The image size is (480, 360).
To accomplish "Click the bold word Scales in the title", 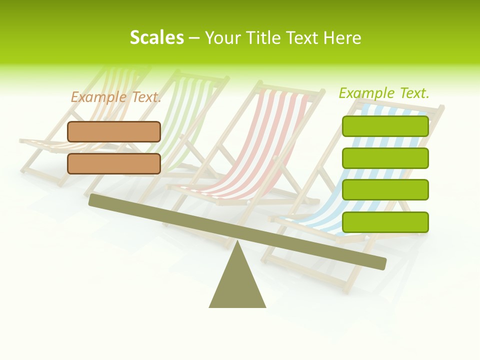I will tap(156, 37).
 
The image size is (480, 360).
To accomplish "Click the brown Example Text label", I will tap(116, 97).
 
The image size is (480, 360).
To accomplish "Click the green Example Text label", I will tap(384, 93).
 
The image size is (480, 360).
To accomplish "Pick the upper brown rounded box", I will tap(114, 131).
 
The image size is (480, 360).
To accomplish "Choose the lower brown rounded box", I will tap(114, 163).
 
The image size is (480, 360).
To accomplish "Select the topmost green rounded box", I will tap(385, 126).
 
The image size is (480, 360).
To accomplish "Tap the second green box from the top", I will tap(385, 158).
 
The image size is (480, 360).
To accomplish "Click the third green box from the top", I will tap(385, 190).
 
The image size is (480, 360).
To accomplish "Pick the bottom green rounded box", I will tap(385, 222).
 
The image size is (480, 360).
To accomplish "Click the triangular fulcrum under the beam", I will tap(237, 285).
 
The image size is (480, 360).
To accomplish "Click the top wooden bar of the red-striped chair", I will tap(290, 87).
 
